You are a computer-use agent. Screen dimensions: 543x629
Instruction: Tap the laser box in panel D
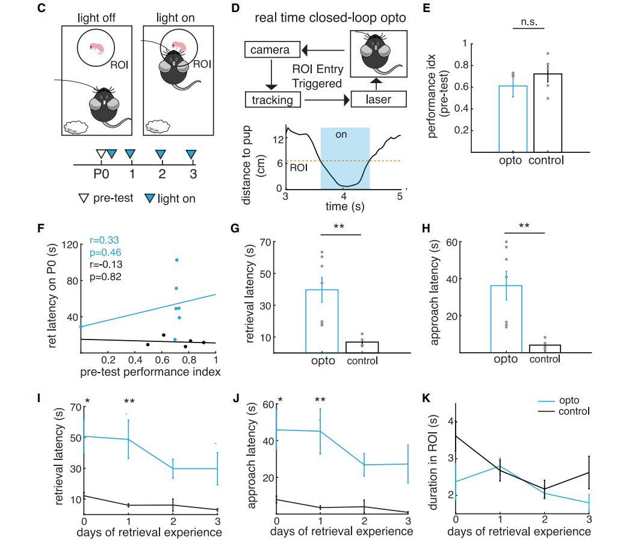tap(379, 99)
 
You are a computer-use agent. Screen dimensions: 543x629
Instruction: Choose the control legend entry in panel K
tap(572, 411)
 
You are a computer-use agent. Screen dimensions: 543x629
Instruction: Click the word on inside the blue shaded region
tap(341, 134)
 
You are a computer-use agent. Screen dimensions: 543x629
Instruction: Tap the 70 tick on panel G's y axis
tap(263, 242)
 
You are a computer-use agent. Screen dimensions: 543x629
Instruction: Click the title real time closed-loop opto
tap(330, 17)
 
